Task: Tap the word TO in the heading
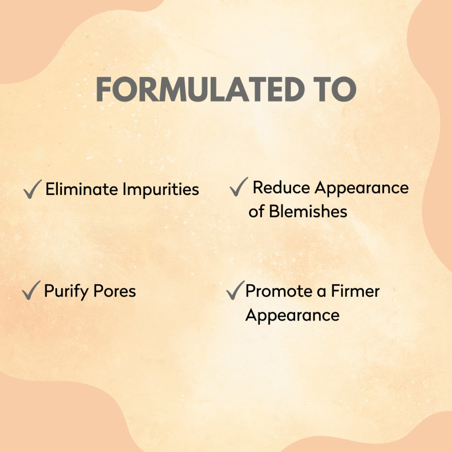(334, 89)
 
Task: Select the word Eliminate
(82, 189)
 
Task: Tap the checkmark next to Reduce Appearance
(239, 187)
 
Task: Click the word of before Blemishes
(256, 211)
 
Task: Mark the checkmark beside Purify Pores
(31, 291)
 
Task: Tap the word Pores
(114, 292)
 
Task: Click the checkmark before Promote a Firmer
(235, 291)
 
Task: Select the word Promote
(274, 292)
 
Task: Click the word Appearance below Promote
(292, 315)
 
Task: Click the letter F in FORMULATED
(104, 89)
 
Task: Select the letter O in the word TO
(344, 89)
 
